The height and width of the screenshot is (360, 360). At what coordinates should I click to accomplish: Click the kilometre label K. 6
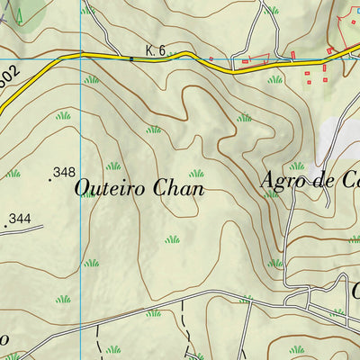pyautogui.click(x=156, y=51)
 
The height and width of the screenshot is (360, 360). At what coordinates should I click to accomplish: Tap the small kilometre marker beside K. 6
pyautogui.click(x=131, y=59)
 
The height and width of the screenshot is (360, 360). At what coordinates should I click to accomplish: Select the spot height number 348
pyautogui.click(x=64, y=172)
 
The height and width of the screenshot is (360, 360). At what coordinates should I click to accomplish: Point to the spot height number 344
pyautogui.click(x=19, y=219)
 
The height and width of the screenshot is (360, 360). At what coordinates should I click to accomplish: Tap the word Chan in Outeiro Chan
pyautogui.click(x=179, y=189)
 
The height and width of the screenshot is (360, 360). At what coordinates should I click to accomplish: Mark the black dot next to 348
pyautogui.click(x=49, y=180)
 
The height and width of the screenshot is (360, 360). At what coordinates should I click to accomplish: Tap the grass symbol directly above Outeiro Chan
pyautogui.click(x=112, y=166)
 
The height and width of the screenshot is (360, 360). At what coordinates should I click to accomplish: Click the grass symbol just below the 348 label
pyautogui.click(x=86, y=193)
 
